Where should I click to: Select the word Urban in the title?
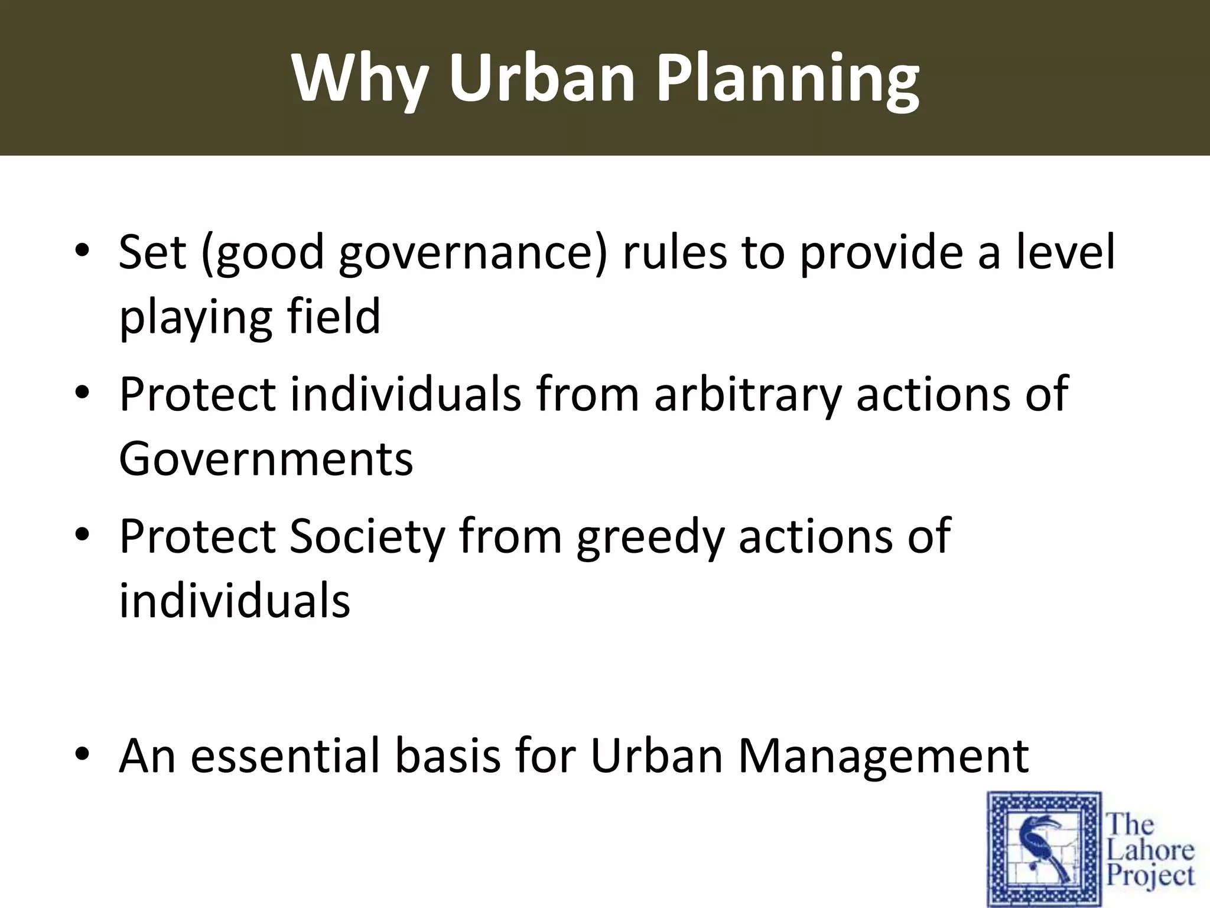tap(544, 79)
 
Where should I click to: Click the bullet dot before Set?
tap(82, 253)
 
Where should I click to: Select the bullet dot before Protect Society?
tap(82, 536)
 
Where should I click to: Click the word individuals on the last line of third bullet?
tap(235, 601)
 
